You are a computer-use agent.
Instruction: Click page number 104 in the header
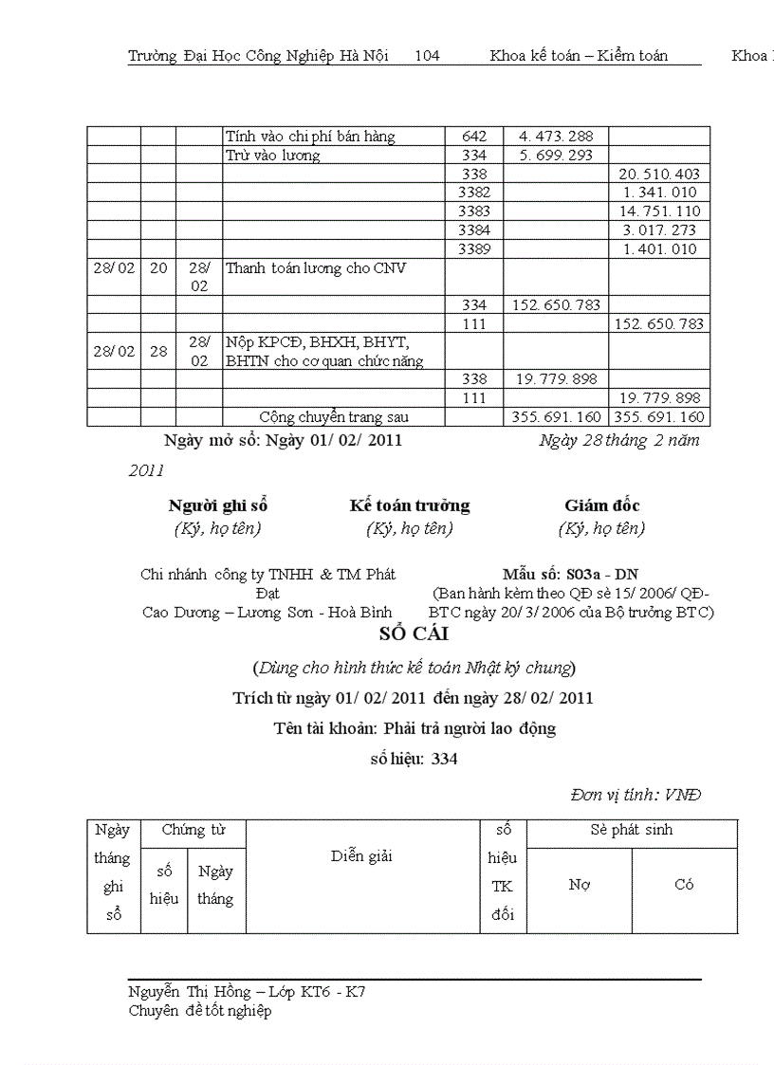click(427, 56)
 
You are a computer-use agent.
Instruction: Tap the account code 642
click(473, 137)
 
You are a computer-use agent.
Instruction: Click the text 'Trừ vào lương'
click(273, 156)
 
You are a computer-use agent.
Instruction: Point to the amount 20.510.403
click(658, 174)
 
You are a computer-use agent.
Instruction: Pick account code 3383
click(473, 211)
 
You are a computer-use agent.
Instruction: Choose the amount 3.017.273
click(659, 230)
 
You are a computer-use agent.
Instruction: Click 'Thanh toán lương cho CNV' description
click(316, 268)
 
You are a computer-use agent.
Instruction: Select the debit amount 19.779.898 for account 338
click(556, 379)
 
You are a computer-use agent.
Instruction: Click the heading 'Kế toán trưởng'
click(409, 505)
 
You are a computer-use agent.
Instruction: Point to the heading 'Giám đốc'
click(601, 505)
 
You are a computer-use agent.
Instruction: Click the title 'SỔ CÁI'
click(413, 634)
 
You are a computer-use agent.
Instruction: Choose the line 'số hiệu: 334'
click(414, 759)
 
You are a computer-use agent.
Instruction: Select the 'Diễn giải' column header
click(361, 856)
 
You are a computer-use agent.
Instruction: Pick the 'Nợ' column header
click(579, 885)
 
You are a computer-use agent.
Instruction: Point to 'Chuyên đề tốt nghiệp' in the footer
click(199, 1011)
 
